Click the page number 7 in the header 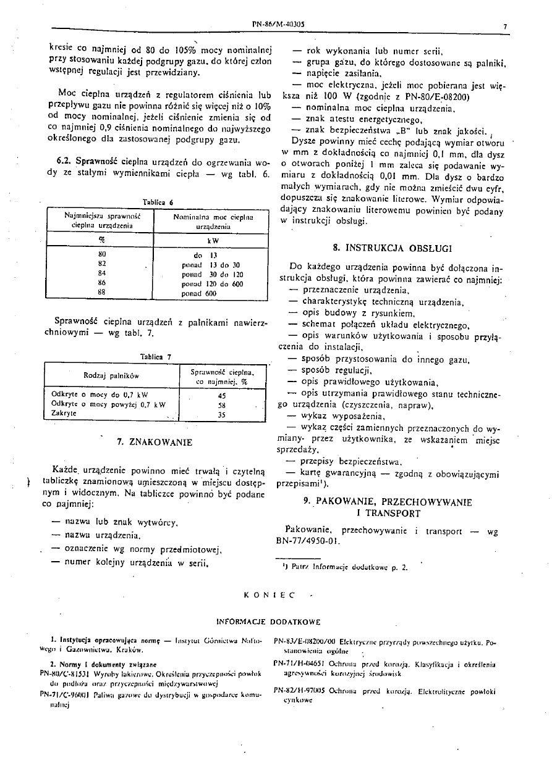pyautogui.click(x=505, y=27)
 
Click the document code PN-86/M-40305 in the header pyautogui.click(x=278, y=25)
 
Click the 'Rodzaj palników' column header pyautogui.click(x=112, y=375)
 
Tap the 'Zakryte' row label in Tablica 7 pyautogui.click(x=64, y=414)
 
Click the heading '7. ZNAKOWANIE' pyautogui.click(x=155, y=442)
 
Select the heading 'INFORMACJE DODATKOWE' pyautogui.click(x=268, y=622)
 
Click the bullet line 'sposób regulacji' pyautogui.click(x=336, y=370)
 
